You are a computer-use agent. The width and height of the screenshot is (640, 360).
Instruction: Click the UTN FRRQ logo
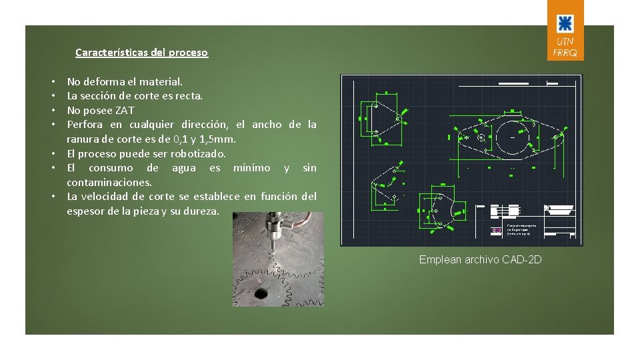(x=565, y=30)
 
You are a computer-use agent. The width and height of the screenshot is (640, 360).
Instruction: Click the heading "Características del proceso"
(x=141, y=52)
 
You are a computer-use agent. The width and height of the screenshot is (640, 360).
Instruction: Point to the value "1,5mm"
(x=220, y=139)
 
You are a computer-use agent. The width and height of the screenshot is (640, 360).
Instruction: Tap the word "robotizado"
(x=199, y=154)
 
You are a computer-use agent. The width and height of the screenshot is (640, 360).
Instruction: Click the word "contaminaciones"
(x=109, y=182)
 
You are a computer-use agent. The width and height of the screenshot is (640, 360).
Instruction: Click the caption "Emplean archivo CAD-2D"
(x=480, y=259)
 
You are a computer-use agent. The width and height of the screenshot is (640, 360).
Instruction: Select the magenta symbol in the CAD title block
(x=496, y=231)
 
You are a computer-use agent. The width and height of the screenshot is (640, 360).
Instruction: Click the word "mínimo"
(x=251, y=168)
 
